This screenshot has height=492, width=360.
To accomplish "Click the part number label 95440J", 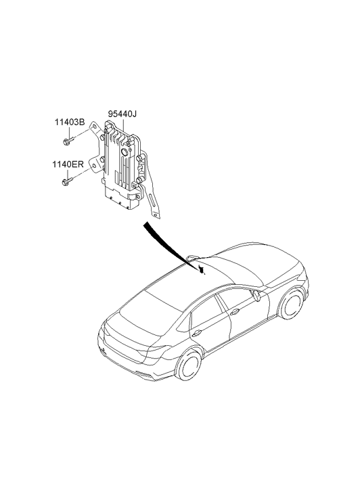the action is pos(122,114).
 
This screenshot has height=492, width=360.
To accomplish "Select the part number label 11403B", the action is pos(70,122).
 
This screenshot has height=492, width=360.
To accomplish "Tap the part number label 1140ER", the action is pos(68,164).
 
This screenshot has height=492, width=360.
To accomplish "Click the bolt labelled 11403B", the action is pos(68,141).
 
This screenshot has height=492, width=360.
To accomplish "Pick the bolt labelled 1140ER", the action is pos(68,181).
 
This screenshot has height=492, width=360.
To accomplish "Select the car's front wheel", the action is pos(292,304).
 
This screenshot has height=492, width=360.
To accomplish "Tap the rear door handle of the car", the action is pos(197,334).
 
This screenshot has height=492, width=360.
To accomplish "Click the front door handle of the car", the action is pos(235,312).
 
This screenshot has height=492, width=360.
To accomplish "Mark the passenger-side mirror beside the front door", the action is pos(256,296).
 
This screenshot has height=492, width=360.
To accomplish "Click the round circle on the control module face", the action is pos(125,152).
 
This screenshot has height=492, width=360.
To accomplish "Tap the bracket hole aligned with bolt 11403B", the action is pos(94,127).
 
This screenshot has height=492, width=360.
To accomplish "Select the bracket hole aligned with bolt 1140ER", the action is pos(92,166).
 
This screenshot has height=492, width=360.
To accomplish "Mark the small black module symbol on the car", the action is pos(202,269).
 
